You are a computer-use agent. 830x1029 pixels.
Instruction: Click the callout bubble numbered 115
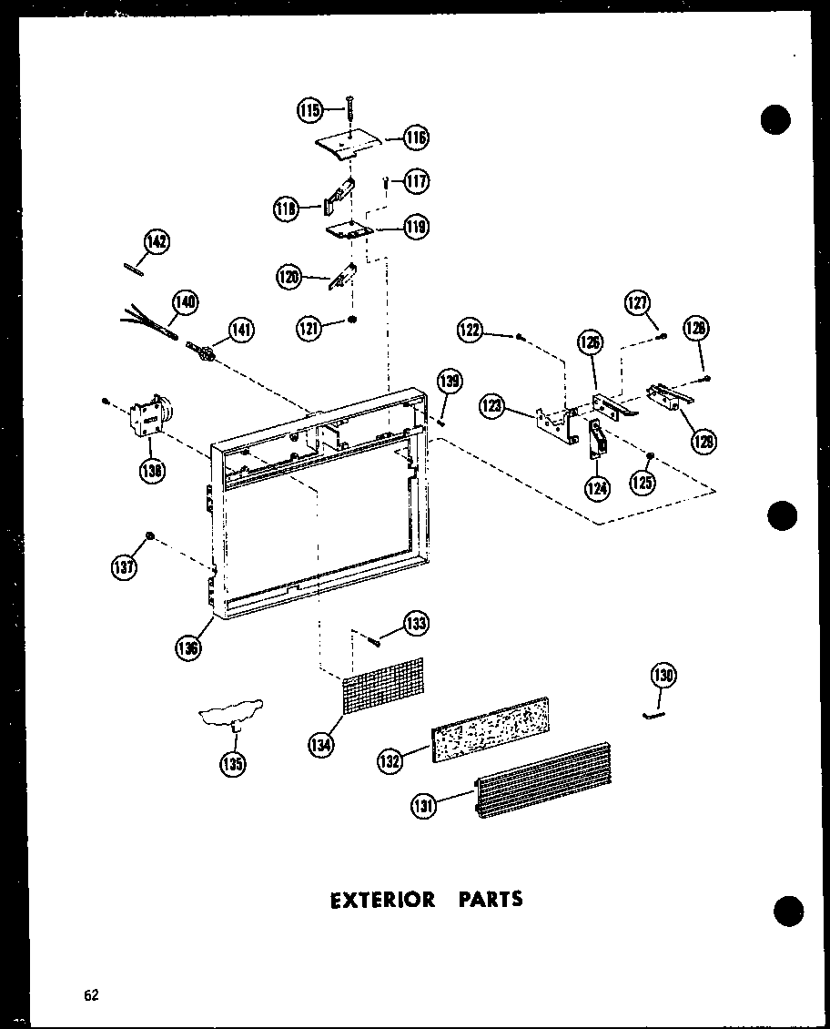pos(309,110)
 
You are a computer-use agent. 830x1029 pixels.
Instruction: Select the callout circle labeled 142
pos(157,241)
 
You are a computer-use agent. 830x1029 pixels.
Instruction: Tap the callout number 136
pos(189,647)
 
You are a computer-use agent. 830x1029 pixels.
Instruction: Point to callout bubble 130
pos(663,676)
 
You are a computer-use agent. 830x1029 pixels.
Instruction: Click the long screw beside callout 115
pos(349,108)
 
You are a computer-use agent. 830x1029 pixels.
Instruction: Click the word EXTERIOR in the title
pos(369,900)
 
